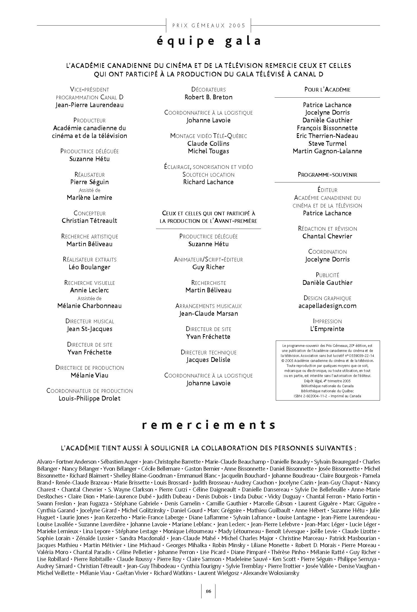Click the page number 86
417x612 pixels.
click(x=209, y=591)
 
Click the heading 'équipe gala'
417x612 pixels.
click(x=209, y=41)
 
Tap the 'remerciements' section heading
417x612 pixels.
click(x=209, y=425)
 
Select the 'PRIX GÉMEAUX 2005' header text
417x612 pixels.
click(x=209, y=26)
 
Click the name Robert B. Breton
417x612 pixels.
click(x=209, y=97)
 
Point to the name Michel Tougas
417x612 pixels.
click(x=209, y=151)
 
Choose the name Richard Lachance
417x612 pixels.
click(x=209, y=182)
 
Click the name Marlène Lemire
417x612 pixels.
click(x=90, y=198)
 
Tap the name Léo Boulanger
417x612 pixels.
click(x=90, y=267)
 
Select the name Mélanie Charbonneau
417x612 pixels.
click(x=90, y=306)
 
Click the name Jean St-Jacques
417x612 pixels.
click(x=90, y=329)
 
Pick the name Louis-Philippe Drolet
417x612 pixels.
click(x=90, y=398)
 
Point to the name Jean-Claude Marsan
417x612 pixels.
click(x=209, y=314)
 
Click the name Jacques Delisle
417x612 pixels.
click(x=209, y=360)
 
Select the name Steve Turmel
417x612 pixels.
click(x=327, y=144)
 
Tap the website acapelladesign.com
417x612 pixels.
click(x=327, y=306)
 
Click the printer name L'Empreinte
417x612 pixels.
click(x=327, y=329)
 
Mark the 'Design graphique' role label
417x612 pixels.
click(x=327, y=298)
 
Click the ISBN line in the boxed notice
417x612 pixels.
click(x=327, y=396)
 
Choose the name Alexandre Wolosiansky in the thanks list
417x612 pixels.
click(x=271, y=573)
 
